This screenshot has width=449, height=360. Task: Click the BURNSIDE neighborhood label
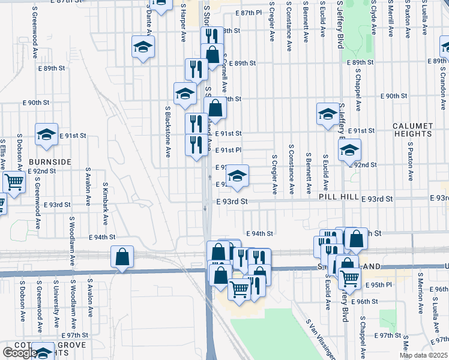tap(49, 162)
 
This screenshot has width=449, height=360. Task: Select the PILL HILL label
tap(339, 197)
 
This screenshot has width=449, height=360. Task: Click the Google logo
tap(19, 353)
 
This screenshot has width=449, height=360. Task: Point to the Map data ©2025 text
tap(423, 355)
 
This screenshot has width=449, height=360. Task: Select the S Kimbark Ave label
tap(106, 204)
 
